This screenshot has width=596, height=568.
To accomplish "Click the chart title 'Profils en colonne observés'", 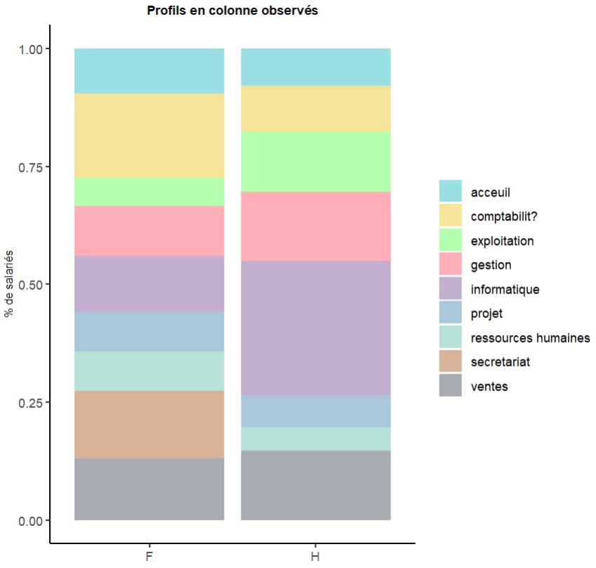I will tap(232, 11).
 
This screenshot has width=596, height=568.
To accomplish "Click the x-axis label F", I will tap(149, 557).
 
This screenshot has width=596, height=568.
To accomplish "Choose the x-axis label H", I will tap(315, 557).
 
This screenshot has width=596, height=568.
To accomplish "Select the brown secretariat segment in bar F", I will tap(149, 424).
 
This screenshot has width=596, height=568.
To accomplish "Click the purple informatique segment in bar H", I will tap(315, 328).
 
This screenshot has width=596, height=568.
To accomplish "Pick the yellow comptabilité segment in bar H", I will tap(315, 108).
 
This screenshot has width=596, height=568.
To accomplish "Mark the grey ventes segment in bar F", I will tap(149, 489).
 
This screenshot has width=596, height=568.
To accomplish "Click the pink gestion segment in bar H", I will tap(315, 226).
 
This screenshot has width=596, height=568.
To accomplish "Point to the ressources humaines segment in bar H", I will tap(315, 439).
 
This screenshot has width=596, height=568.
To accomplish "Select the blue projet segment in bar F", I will tap(149, 331).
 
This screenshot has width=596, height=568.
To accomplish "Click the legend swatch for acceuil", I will tap(451, 192).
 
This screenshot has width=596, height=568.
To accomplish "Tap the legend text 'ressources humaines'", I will tap(531, 338).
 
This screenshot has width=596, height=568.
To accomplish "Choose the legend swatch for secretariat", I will tap(451, 362).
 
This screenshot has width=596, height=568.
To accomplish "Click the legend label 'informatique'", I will tap(505, 289).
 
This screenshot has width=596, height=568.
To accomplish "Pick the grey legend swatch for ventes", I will tap(451, 386).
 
